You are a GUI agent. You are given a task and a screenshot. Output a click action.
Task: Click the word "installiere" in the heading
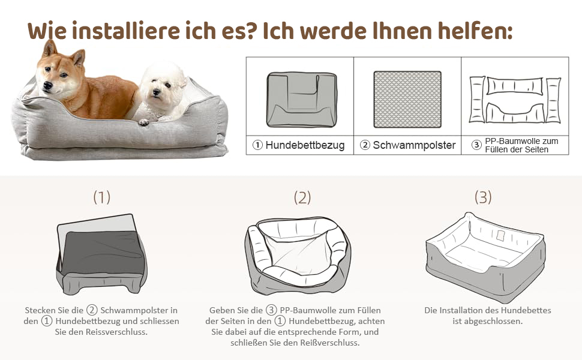click(125, 31)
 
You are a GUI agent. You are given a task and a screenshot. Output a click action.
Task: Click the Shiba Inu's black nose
click(47, 85)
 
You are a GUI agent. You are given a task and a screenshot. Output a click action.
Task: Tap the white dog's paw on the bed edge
click(143, 121)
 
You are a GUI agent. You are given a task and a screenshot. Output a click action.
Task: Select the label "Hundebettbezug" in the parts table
click(305, 145)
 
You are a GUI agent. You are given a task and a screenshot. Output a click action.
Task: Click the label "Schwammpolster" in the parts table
click(414, 145)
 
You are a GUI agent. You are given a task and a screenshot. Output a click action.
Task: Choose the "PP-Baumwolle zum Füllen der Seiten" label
click(521, 145)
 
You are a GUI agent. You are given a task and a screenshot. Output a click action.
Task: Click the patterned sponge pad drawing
click(407, 99)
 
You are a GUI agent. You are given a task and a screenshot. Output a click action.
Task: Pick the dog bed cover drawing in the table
click(302, 100)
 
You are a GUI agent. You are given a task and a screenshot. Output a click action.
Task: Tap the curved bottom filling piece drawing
click(515, 113)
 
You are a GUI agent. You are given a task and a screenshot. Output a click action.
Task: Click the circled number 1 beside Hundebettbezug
click(257, 145)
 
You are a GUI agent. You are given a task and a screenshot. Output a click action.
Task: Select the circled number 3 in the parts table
click(476, 145)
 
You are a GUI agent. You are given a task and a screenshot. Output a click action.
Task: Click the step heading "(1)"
click(102, 197)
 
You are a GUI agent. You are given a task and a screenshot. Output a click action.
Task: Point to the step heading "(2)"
click(302, 197)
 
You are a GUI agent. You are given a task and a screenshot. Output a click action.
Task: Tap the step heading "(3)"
click(483, 197)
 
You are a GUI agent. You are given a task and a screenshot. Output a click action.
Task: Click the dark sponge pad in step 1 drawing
click(103, 253)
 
